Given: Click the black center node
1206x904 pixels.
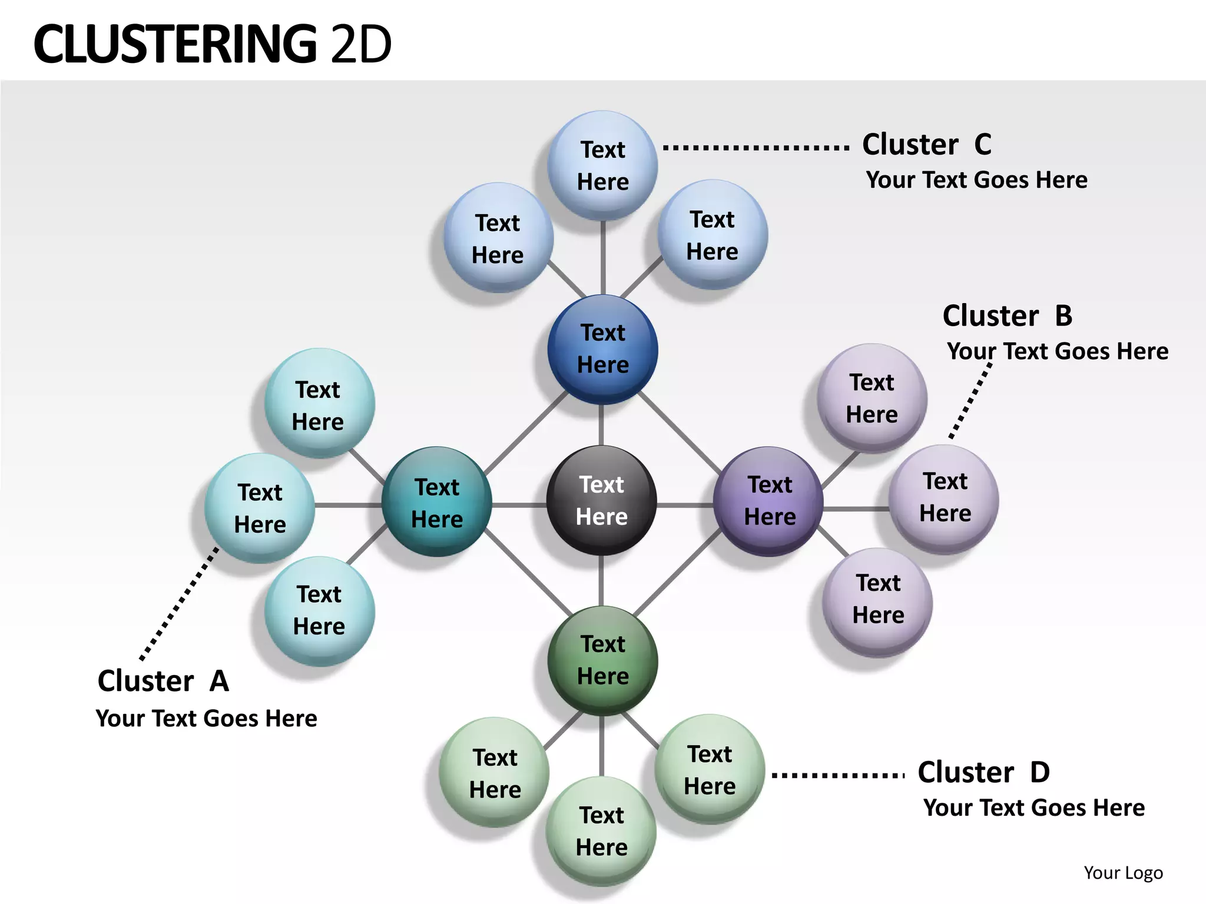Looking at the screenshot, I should click(601, 501).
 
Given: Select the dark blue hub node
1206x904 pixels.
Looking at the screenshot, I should click(602, 349).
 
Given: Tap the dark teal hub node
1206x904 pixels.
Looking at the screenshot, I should click(436, 502).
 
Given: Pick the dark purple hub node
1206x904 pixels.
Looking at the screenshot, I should click(768, 501).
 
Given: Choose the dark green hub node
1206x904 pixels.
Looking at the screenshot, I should click(602, 660).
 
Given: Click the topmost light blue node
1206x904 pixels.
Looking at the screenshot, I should click(602, 165).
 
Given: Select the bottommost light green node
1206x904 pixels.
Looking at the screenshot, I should click(601, 831).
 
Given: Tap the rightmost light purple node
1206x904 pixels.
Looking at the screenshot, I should click(944, 498).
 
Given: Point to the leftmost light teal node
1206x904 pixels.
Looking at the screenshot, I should click(260, 508).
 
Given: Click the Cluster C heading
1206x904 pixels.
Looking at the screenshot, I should click(927, 145).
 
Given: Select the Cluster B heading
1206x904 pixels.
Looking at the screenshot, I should click(1007, 316).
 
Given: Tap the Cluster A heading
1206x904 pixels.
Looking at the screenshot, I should click(163, 682).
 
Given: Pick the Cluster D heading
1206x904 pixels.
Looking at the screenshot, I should click(983, 772).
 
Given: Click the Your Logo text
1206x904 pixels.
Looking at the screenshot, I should click(1123, 873).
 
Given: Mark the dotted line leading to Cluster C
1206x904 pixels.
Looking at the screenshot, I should click(756, 147).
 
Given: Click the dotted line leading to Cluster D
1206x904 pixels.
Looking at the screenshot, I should click(838, 775).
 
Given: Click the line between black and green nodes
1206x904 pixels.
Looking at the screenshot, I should click(601, 581).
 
